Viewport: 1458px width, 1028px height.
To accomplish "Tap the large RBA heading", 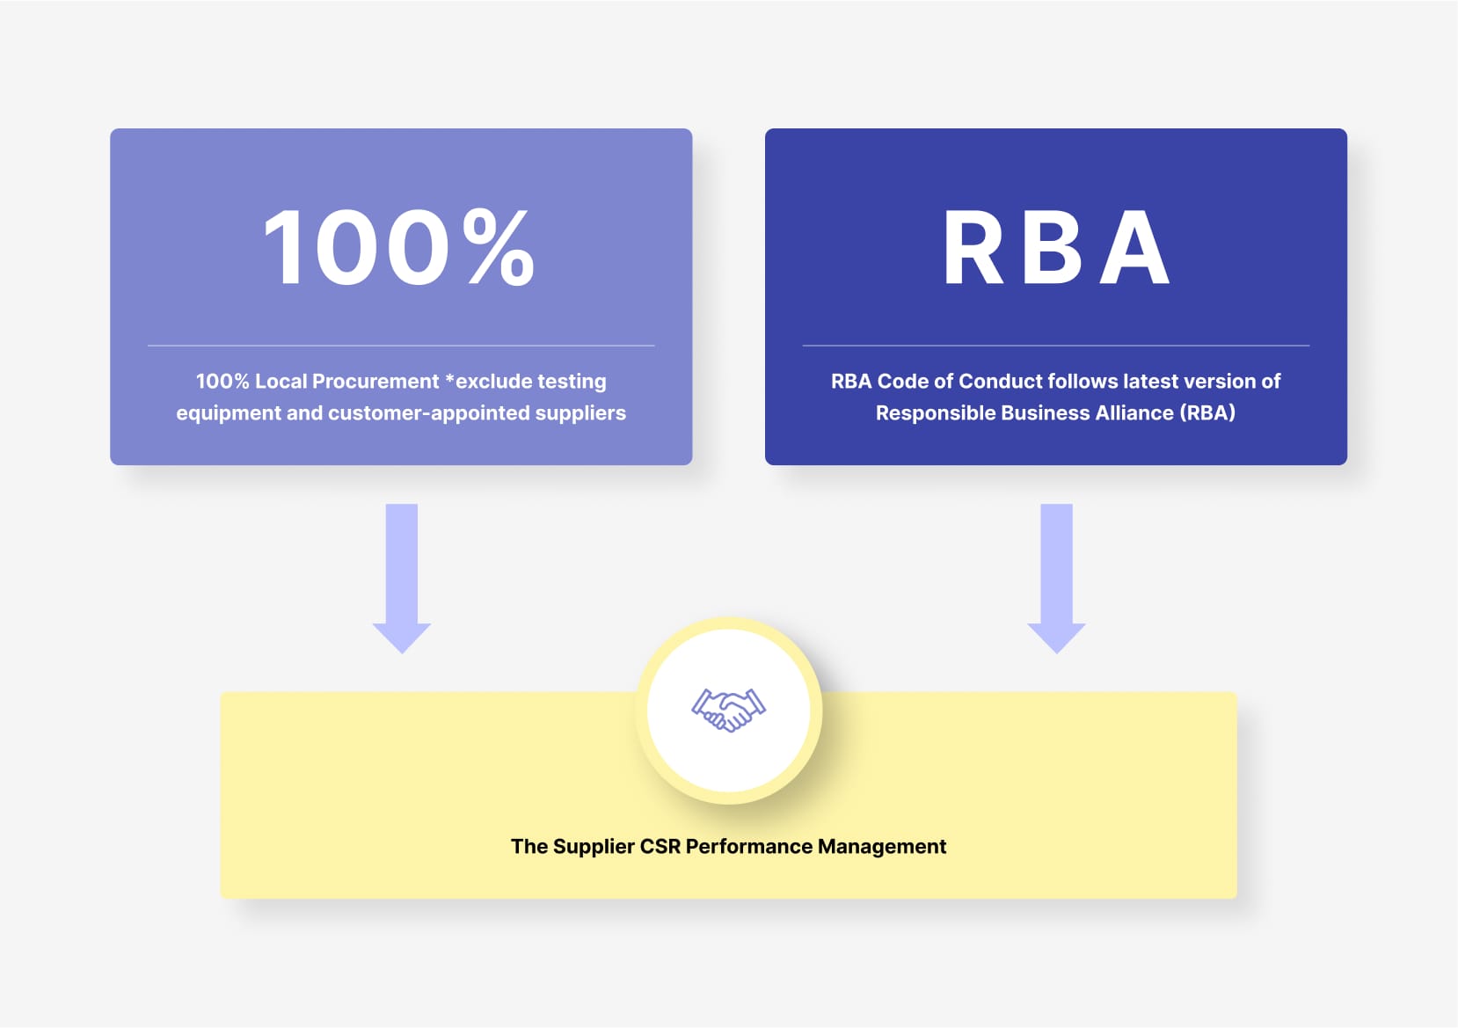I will click(1055, 248).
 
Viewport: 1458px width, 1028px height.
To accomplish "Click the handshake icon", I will click(728, 710).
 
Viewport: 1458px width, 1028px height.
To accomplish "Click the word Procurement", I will click(375, 382).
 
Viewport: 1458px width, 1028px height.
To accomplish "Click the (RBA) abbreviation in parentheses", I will click(1207, 413).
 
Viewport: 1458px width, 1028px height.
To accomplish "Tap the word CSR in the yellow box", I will click(660, 847).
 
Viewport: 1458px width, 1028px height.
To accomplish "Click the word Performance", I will click(748, 847).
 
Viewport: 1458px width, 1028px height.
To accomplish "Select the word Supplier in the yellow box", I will click(594, 847).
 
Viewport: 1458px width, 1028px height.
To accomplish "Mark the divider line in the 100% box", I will click(401, 346).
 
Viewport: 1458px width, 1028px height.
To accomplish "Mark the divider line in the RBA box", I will click(1055, 346).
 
